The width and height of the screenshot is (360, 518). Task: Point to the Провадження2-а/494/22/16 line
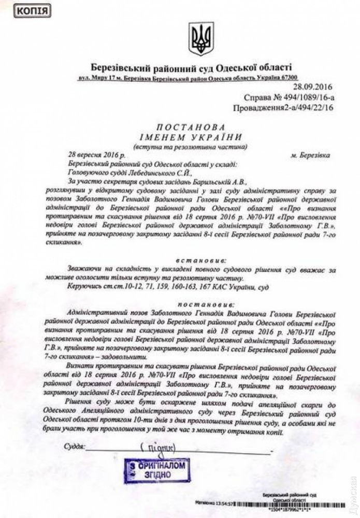click(282, 108)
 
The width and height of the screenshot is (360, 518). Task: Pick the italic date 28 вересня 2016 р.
click(96, 155)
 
